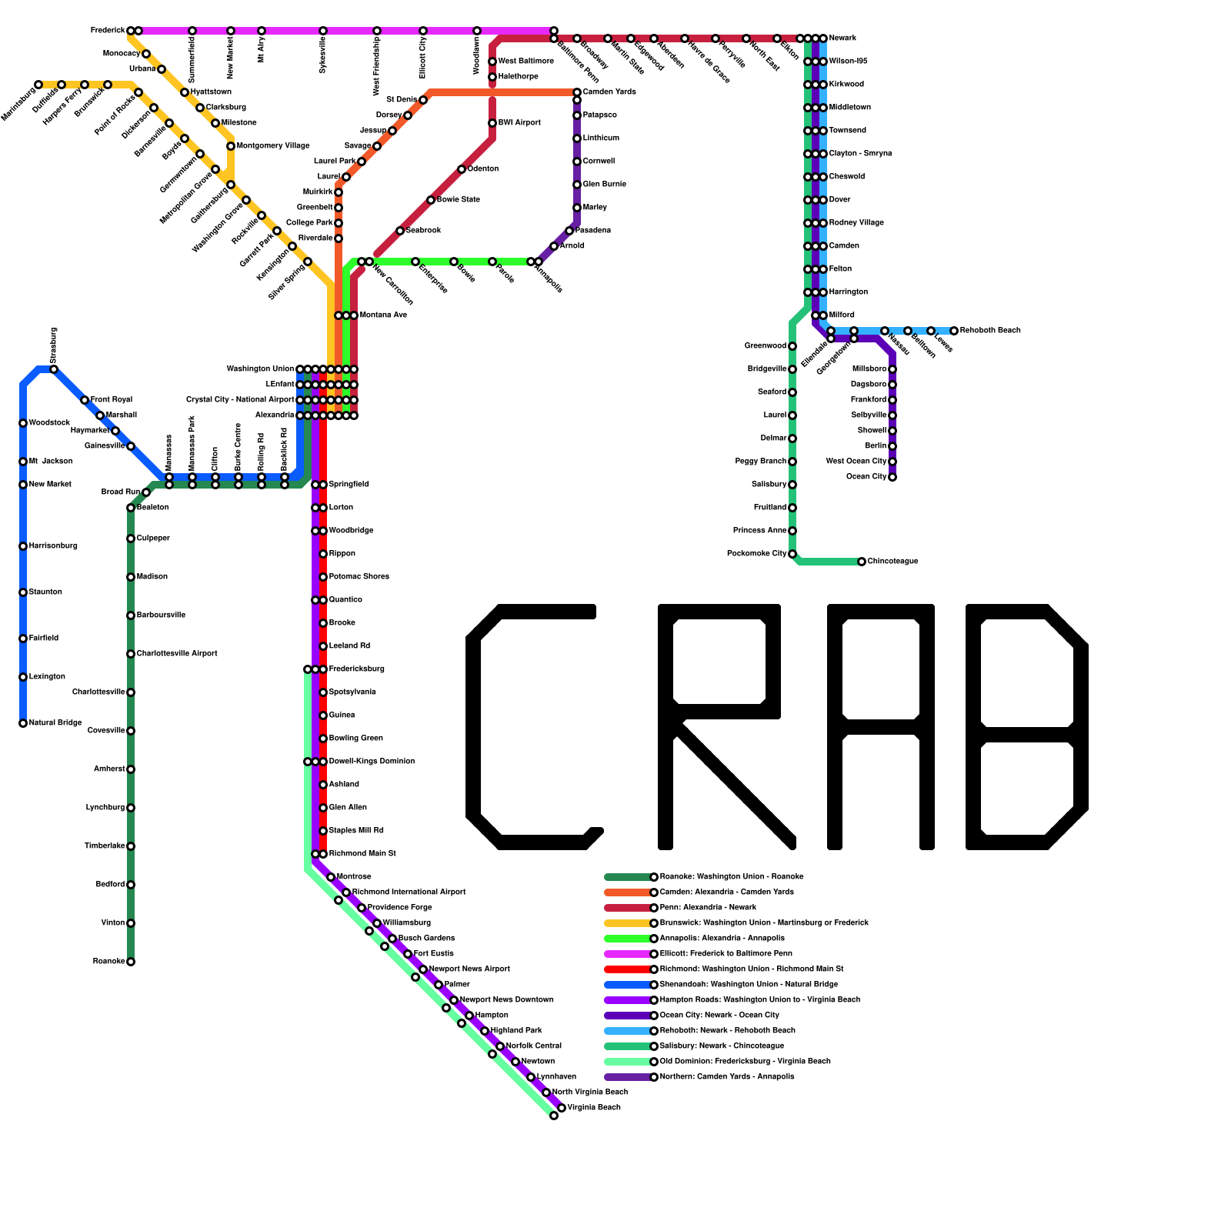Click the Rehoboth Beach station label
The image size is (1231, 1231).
pos(990,331)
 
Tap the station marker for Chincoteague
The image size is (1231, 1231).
pos(862,562)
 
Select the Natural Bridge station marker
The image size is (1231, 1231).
pos(23,723)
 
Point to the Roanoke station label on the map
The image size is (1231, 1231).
pos(108,962)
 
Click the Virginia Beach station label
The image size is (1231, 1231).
pos(594,1108)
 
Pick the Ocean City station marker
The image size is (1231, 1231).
pos(892,477)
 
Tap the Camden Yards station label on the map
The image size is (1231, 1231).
pos(609,92)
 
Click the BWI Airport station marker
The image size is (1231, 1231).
pos(492,123)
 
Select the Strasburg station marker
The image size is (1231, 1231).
pos(54,369)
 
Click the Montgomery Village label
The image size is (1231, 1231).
pos(273,146)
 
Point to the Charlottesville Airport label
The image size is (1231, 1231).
pos(177,654)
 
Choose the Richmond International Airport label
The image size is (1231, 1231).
pos(409,892)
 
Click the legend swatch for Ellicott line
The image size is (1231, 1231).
pos(628,954)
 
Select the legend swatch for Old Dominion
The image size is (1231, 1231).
pos(628,1062)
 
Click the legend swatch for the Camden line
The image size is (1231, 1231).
pos(628,892)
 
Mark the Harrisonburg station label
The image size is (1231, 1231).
pos(53,546)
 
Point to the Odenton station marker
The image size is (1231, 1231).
pos(462,169)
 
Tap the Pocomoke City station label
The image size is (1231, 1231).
pos(756,554)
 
